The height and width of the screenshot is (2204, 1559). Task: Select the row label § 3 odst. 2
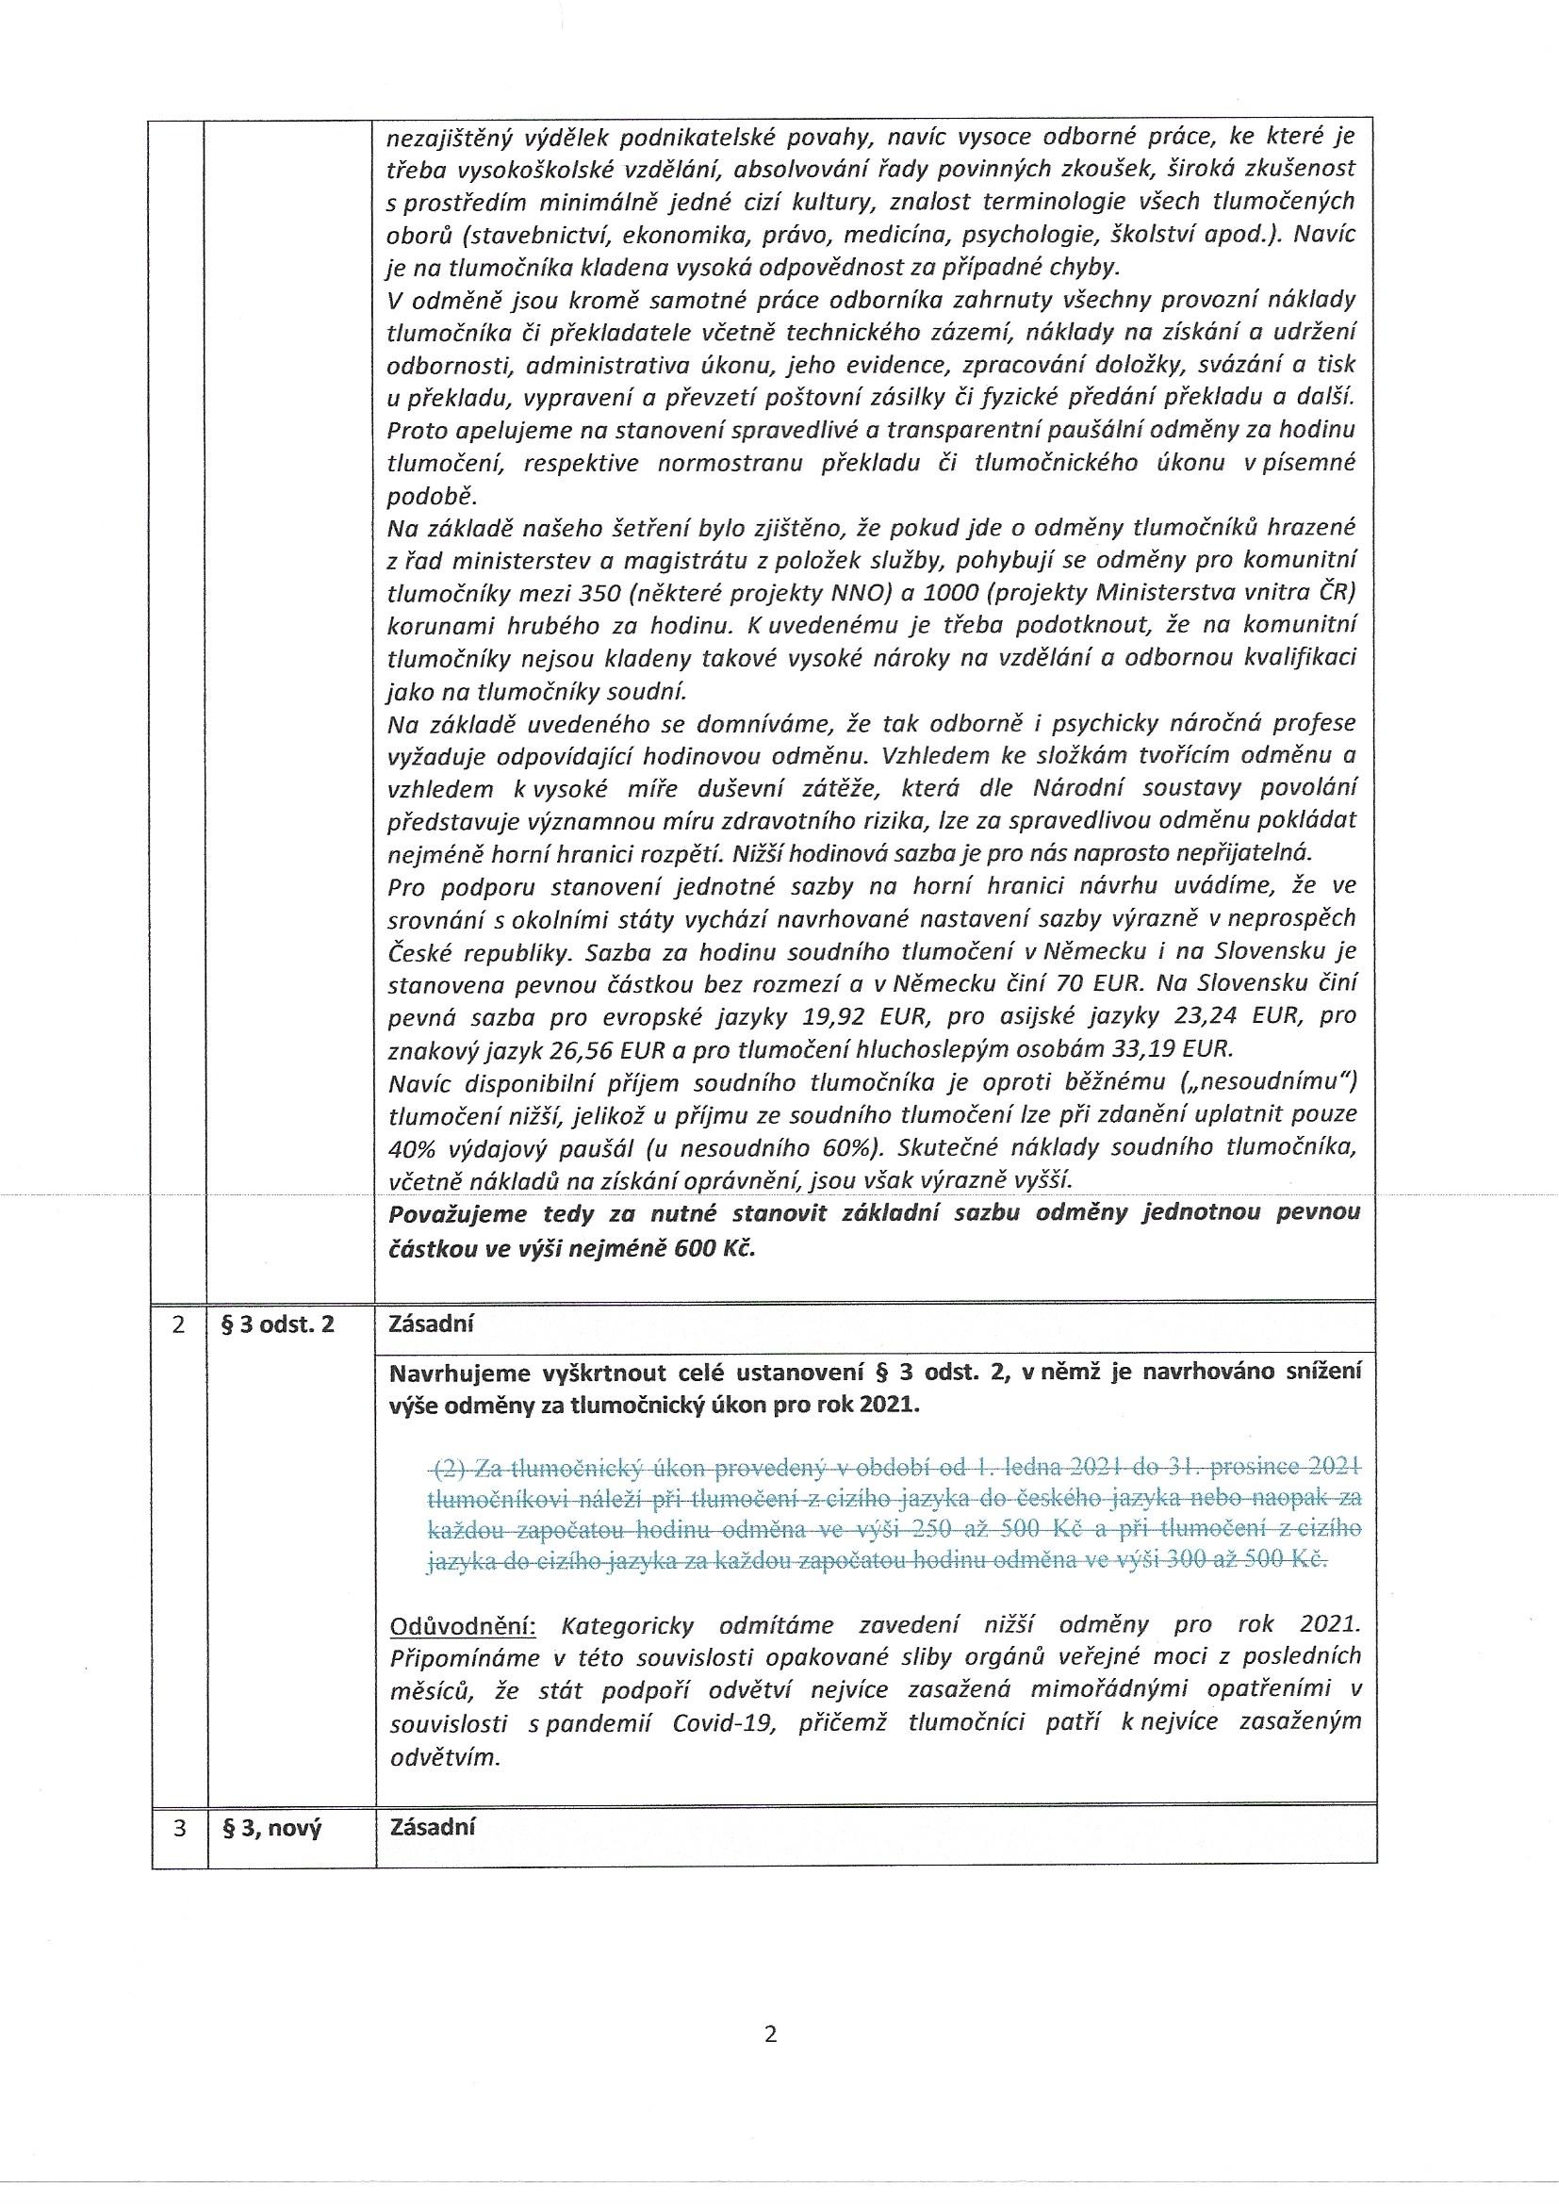[278, 1324]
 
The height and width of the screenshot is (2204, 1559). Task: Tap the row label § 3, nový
[271, 1828]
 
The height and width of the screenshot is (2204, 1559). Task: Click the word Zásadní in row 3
[432, 1827]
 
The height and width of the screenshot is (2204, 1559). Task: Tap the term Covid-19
[728, 1722]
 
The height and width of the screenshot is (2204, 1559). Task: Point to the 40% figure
[409, 1147]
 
